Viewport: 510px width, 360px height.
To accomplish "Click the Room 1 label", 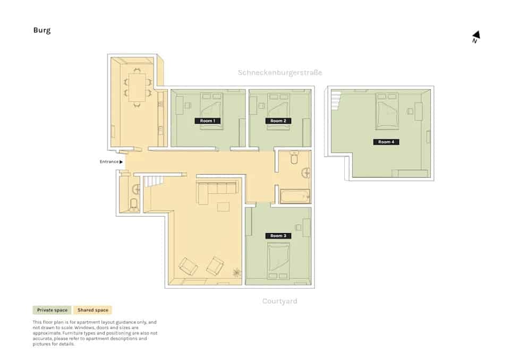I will (207, 121).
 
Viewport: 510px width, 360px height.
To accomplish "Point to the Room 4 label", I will (386, 142).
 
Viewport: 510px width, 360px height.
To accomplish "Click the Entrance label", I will (111, 161).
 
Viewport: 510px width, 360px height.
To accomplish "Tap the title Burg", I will (42, 30).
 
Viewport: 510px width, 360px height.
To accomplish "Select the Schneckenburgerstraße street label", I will (279, 72).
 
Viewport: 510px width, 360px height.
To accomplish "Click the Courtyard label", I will (279, 301).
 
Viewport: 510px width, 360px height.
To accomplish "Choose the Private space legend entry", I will (52, 310).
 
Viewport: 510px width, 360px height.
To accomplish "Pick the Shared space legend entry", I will (92, 310).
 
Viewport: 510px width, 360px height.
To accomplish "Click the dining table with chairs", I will (137, 88).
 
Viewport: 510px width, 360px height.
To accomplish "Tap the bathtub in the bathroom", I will (295, 196).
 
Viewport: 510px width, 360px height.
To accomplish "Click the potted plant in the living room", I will (236, 272).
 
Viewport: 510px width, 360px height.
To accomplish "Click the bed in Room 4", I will (387, 112).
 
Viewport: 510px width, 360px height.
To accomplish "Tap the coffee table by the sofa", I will (223, 206).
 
